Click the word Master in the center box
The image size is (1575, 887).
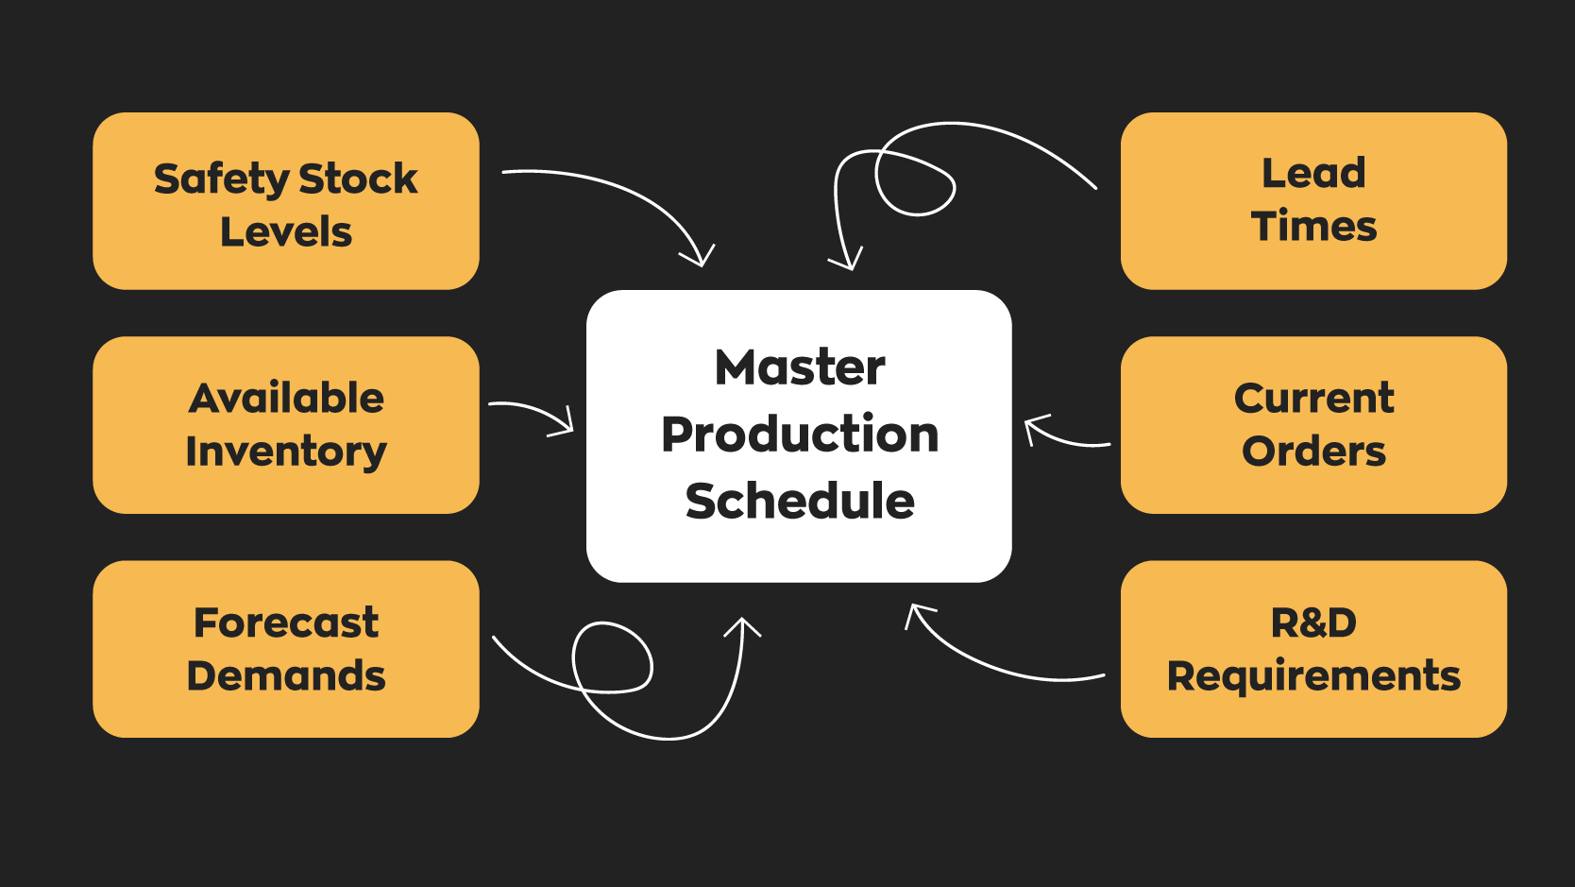coord(800,367)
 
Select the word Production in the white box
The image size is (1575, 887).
coord(800,435)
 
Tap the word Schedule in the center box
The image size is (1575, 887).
coord(800,501)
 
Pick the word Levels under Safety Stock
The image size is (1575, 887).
coord(286,232)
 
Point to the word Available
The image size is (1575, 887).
coord(286,398)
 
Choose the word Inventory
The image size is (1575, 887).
coord(286,452)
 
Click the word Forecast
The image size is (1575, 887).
coord(286,623)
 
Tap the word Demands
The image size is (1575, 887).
coord(286,676)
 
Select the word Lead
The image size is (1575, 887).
coord(1313,173)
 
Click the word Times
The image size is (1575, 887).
coord(1313,227)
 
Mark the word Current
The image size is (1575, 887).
coord(1313,398)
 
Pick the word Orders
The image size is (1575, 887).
coord(1313,452)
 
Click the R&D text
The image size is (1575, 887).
coord(1313,623)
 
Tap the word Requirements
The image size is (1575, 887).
coord(1313,676)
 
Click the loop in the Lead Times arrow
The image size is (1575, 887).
coord(914,183)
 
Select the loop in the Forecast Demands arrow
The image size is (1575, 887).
coord(612,657)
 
